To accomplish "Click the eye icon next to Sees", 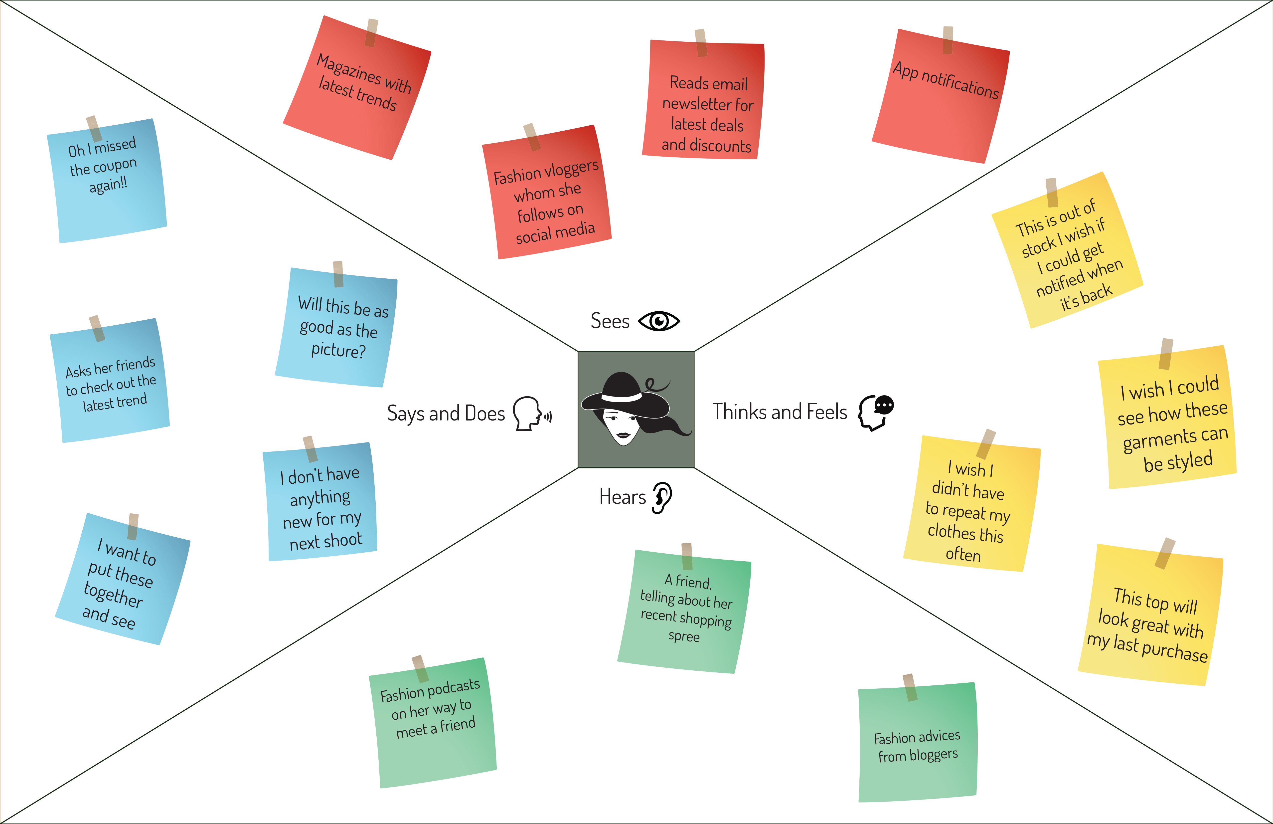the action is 659,321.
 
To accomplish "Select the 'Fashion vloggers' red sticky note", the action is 547,198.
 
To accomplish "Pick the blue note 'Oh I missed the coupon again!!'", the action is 107,182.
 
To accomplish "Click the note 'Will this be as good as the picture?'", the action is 337,329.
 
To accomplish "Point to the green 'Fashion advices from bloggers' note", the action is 917,746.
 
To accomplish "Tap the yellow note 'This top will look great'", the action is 1150,621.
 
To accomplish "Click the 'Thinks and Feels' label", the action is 779,412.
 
